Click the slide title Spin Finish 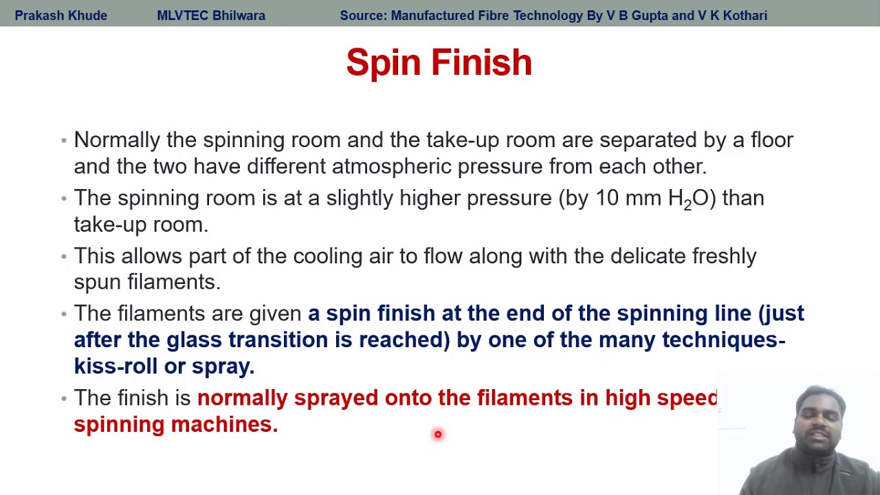[439, 63]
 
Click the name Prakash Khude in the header [60, 15]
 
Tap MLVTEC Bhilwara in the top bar [211, 15]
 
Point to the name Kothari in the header [742, 15]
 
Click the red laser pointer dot [438, 434]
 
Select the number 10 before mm [607, 198]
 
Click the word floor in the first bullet [772, 140]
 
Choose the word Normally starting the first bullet [117, 140]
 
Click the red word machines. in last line [224, 424]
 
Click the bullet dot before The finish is [64, 398]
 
